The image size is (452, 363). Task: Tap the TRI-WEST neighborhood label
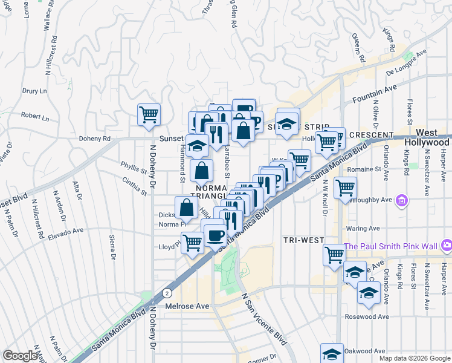[x=304, y=240]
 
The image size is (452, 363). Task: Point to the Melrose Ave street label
[x=187, y=306]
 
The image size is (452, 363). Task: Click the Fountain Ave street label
[x=374, y=93]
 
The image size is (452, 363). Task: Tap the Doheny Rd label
[x=95, y=138]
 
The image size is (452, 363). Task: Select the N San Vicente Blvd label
[x=263, y=318]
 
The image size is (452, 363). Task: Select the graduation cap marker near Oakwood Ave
[x=332, y=354]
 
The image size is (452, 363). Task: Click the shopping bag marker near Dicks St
[x=186, y=208]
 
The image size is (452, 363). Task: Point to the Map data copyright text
[x=414, y=358]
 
